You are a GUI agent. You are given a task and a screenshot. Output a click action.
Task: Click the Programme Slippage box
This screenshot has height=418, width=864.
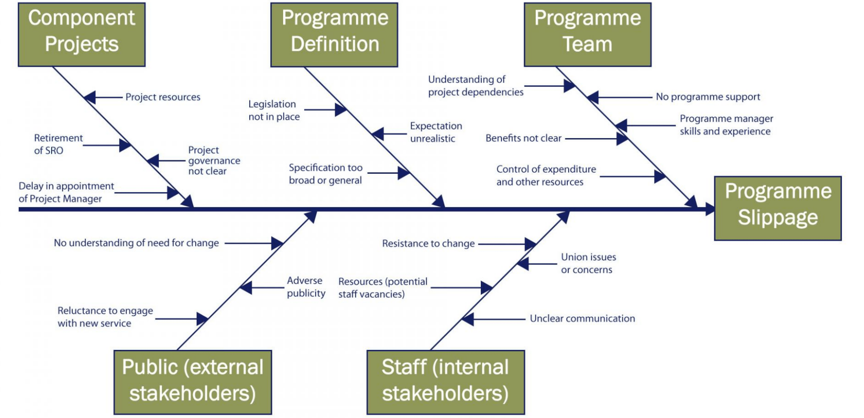(x=778, y=209)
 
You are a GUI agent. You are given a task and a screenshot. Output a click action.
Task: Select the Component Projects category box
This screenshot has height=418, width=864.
(x=82, y=35)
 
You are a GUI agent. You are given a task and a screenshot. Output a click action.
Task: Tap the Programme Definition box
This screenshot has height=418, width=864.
(x=334, y=35)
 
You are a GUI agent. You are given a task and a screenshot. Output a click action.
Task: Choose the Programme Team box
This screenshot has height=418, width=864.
(x=587, y=35)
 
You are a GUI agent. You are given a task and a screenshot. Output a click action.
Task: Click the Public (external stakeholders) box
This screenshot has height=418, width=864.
(x=193, y=382)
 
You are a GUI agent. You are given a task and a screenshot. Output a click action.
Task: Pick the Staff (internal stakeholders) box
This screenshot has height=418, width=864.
(x=446, y=382)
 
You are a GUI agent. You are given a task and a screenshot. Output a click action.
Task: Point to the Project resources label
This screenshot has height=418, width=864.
(x=163, y=97)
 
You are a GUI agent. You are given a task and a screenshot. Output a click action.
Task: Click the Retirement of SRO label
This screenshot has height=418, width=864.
(x=58, y=144)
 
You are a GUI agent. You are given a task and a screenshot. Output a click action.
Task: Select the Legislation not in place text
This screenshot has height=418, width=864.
(x=274, y=110)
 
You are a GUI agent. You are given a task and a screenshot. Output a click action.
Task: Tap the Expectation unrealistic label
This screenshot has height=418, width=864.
(x=436, y=132)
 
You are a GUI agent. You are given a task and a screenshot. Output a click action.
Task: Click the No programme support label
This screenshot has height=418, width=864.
(x=708, y=97)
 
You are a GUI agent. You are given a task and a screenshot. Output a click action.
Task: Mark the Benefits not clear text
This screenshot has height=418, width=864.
(x=524, y=138)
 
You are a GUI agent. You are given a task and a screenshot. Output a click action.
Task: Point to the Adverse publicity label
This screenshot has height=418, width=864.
(x=306, y=287)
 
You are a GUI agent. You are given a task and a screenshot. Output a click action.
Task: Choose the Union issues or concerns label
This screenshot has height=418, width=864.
(x=588, y=263)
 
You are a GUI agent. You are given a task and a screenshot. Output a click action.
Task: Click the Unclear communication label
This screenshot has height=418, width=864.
(x=582, y=318)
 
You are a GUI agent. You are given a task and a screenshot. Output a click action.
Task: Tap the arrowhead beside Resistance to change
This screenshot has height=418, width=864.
(x=531, y=244)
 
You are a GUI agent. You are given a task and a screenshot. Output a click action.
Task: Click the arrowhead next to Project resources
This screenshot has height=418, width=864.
(x=90, y=97)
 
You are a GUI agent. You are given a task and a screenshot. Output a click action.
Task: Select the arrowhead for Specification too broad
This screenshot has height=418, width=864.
(x=404, y=173)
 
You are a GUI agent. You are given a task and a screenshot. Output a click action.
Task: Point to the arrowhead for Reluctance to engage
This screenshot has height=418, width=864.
(x=202, y=319)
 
